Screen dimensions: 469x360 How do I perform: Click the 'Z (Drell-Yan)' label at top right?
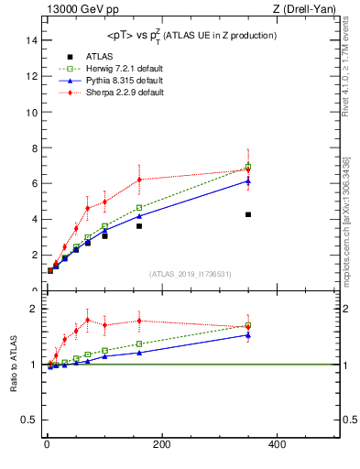309,8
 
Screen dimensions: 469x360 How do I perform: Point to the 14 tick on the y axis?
32,40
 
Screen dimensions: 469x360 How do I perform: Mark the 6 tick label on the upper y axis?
34,183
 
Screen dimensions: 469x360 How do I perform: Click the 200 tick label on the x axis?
162,444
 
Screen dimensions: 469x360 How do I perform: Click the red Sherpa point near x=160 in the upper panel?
139,180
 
